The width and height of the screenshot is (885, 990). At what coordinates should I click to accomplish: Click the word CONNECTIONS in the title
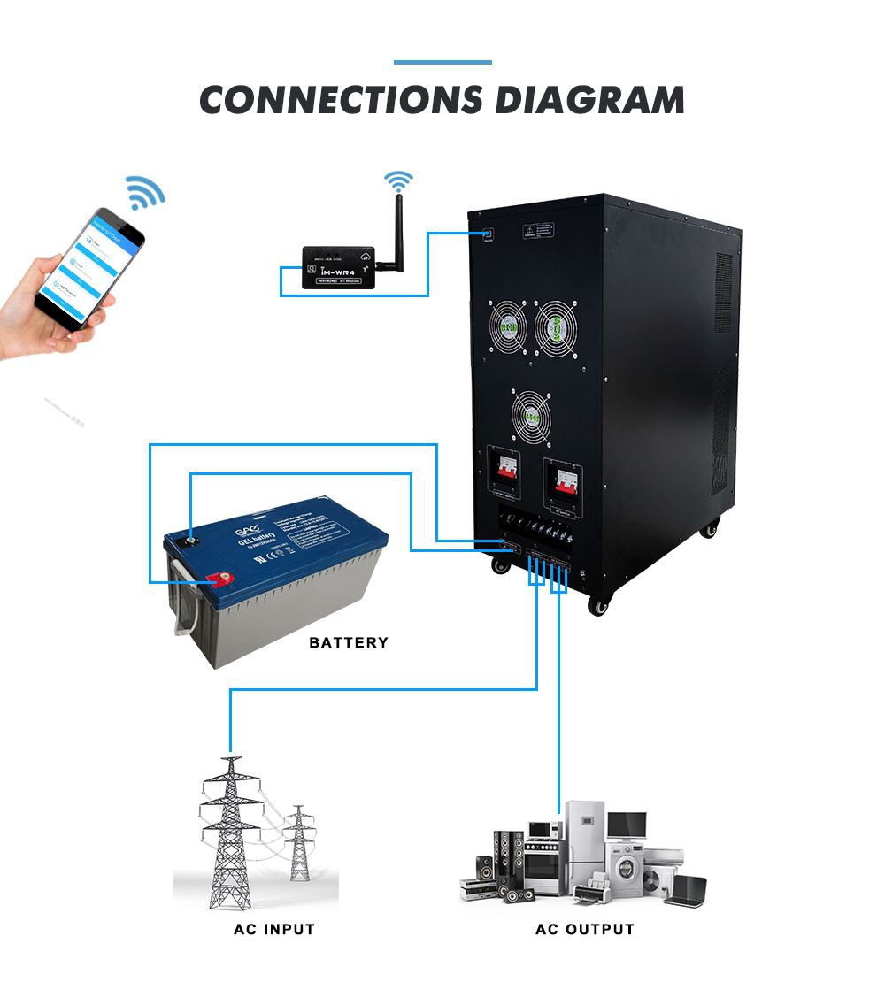click(x=341, y=99)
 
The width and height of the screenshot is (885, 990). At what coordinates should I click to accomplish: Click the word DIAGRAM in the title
click(x=589, y=99)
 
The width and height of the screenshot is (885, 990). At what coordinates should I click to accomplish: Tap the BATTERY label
click(x=349, y=642)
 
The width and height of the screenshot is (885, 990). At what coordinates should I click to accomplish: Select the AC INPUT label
click(x=273, y=930)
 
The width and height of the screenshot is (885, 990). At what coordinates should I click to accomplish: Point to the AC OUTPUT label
click(x=585, y=930)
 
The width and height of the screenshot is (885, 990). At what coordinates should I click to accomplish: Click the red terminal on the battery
click(x=216, y=580)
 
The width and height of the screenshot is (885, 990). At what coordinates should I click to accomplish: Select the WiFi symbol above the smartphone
click(x=145, y=192)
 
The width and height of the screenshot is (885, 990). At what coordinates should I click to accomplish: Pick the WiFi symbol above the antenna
click(x=398, y=181)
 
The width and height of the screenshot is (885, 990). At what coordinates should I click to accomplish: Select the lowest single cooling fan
click(x=532, y=415)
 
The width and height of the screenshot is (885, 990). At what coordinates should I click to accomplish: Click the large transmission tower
click(x=231, y=832)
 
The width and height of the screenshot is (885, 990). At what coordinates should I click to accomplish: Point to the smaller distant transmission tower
click(x=299, y=844)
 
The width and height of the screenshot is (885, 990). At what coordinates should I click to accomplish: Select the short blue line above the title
click(x=442, y=63)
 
